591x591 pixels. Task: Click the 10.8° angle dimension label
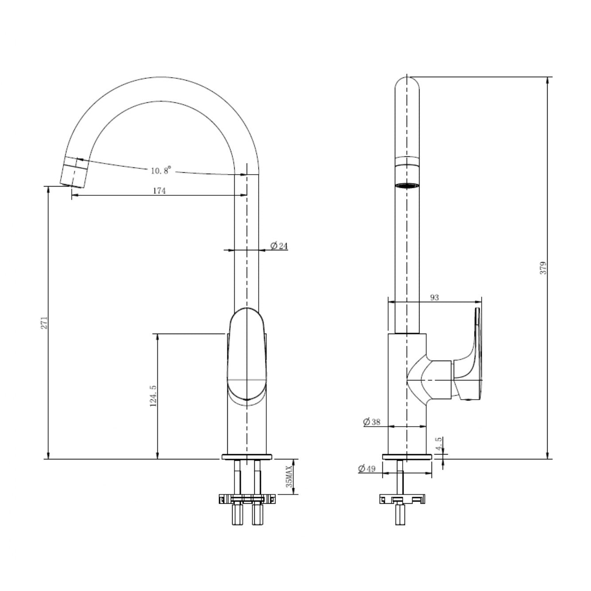(x=161, y=170)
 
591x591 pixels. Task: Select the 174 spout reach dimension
(x=159, y=191)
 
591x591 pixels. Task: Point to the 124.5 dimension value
(x=153, y=396)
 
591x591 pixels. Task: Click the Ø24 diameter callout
(x=279, y=246)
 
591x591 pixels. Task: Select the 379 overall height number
(x=543, y=268)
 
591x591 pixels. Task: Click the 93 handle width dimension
(x=434, y=297)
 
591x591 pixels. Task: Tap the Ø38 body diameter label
(x=371, y=422)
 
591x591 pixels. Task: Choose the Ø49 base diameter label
(x=366, y=469)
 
